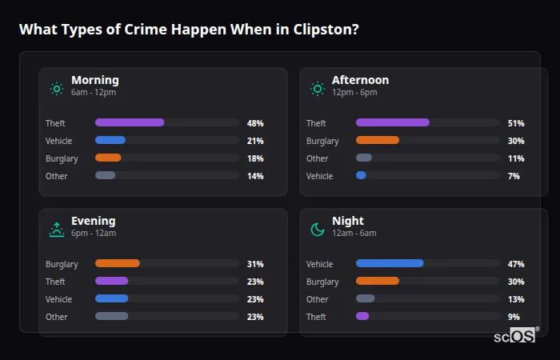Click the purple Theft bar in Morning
click(130, 123)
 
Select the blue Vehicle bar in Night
click(390, 264)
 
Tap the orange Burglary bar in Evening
click(118, 264)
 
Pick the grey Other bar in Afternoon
click(364, 158)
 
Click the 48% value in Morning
click(255, 123)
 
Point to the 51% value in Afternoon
click(516, 123)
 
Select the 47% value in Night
click(516, 264)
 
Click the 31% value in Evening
click(255, 264)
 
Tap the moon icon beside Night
click(318, 230)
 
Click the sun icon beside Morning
click(57, 89)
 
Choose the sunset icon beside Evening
click(57, 230)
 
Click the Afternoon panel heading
click(360, 80)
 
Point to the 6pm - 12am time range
click(94, 234)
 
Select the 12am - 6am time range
click(354, 234)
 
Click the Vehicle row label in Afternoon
click(319, 176)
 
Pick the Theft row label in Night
click(316, 317)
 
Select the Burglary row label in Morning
click(62, 158)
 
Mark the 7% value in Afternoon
click(514, 176)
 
